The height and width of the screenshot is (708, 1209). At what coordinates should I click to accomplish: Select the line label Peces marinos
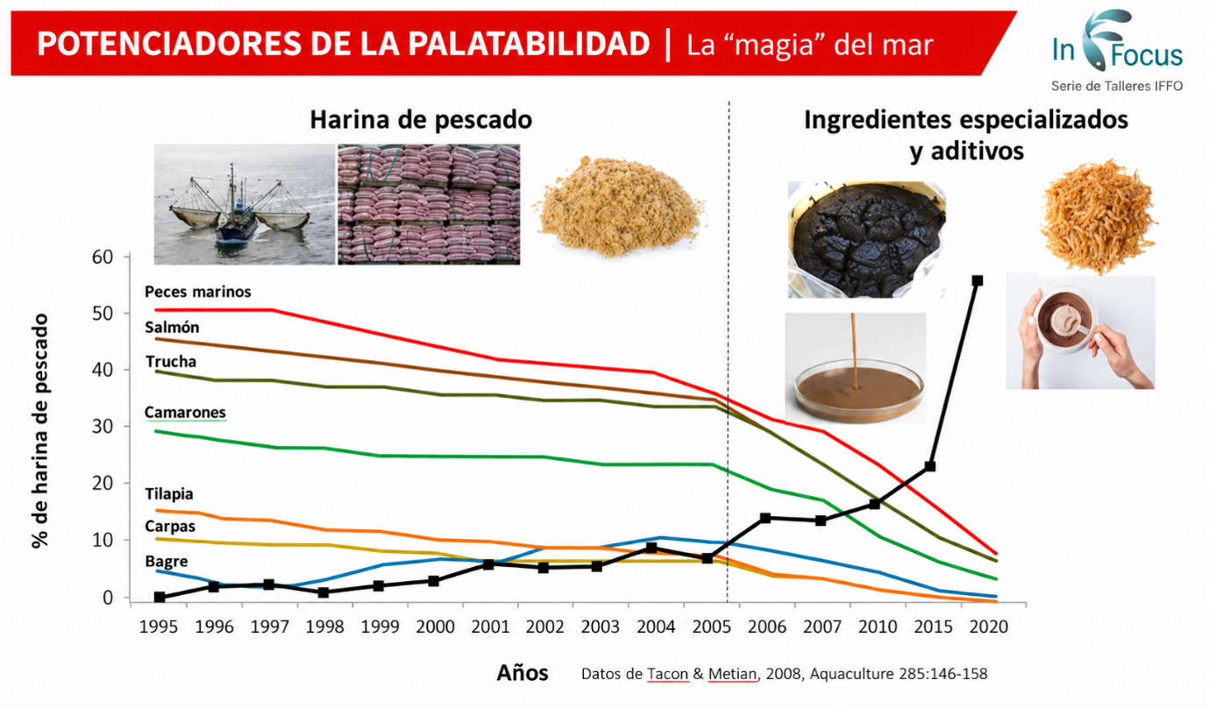click(197, 292)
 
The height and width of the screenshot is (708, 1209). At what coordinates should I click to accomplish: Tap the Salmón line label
click(172, 327)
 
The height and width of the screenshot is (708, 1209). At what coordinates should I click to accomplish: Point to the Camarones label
click(185, 413)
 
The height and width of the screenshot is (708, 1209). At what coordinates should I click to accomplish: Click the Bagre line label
click(167, 561)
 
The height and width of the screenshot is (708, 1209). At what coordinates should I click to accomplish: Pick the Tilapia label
click(169, 494)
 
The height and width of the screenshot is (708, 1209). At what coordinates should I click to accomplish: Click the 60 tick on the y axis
click(102, 257)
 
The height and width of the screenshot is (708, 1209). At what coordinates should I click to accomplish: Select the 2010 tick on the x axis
click(878, 627)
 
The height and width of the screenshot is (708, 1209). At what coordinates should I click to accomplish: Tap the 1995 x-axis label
click(159, 627)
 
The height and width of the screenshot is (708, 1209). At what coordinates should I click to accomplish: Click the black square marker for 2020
click(977, 280)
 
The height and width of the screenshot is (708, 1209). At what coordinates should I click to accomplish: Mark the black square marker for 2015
click(930, 465)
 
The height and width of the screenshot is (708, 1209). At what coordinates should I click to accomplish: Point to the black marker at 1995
click(160, 597)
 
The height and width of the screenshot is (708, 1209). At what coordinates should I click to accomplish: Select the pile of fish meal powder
click(620, 206)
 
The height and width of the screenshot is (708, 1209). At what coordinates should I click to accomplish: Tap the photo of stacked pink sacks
click(429, 204)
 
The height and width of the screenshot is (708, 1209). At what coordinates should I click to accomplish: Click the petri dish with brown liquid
click(858, 390)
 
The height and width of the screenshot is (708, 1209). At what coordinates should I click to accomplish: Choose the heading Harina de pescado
click(421, 120)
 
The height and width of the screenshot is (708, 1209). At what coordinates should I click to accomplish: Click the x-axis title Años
click(522, 673)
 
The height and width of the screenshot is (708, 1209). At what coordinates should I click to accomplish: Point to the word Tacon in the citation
click(668, 674)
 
